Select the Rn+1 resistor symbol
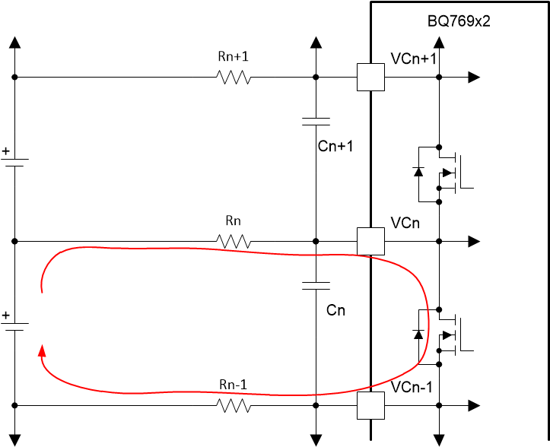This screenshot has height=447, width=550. click(x=234, y=77)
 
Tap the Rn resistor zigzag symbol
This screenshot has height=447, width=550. click(x=234, y=241)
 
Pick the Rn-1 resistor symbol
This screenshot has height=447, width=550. click(x=234, y=406)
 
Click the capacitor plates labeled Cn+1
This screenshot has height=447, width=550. click(x=316, y=121)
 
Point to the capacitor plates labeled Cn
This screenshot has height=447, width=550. click(x=316, y=286)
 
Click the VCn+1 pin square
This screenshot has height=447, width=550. click(x=370, y=77)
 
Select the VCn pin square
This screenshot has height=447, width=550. click(x=370, y=241)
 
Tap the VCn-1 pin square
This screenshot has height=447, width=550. click(x=370, y=406)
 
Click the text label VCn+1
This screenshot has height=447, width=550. click(x=414, y=59)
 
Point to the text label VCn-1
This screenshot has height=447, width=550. click(x=412, y=388)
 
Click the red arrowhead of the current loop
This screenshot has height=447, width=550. click(x=41, y=350)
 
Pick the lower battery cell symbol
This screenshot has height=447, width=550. click(x=14, y=325)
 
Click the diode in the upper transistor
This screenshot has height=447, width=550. click(x=418, y=170)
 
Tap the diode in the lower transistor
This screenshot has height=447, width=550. click(x=418, y=334)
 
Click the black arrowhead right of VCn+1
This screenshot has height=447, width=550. click(x=474, y=77)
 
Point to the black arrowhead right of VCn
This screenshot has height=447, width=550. click(x=474, y=241)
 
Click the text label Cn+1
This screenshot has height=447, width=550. click(x=335, y=146)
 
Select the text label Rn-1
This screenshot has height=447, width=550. click(x=234, y=385)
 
